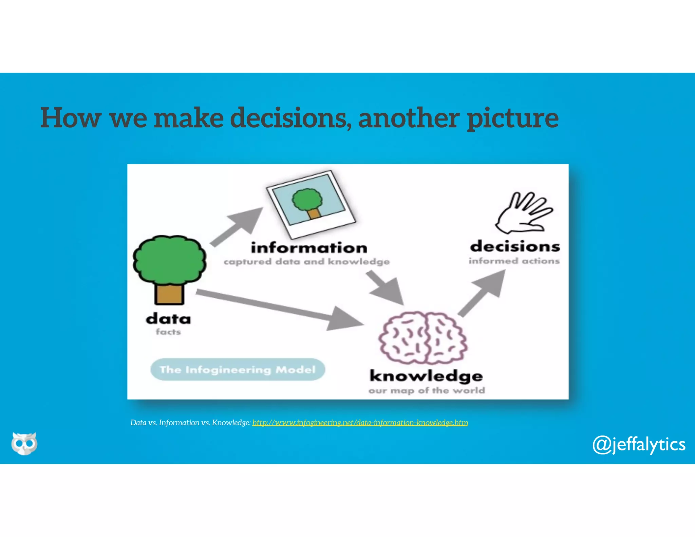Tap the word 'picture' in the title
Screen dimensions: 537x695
[x=512, y=118]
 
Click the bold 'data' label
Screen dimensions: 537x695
[x=168, y=319]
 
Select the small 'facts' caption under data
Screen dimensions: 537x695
[x=168, y=332]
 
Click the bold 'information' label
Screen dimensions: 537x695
[x=309, y=247]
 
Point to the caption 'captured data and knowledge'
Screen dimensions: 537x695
[x=306, y=262]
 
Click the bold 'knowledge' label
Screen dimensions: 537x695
[x=426, y=376]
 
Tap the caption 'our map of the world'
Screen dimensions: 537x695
[x=427, y=390]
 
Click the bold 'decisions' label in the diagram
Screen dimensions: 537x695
[x=515, y=246]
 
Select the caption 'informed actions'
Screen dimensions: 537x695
[x=514, y=261]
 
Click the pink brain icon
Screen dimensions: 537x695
[x=423, y=338]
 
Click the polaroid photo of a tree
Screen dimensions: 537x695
[x=311, y=204]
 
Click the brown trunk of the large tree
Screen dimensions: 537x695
[x=169, y=293]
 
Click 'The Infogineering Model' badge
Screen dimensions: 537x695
[x=238, y=369]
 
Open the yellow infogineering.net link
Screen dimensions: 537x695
[x=360, y=423]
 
